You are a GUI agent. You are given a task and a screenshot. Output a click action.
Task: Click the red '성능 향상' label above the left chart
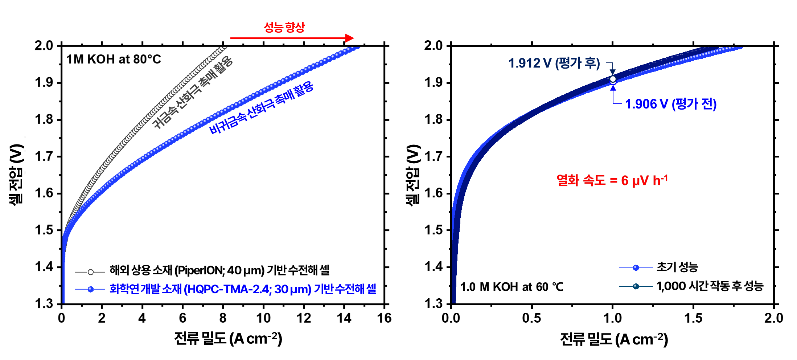[x=284, y=27]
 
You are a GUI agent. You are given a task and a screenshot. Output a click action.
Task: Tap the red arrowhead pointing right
[x=349, y=38]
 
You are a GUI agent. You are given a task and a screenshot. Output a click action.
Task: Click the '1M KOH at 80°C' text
[x=114, y=59]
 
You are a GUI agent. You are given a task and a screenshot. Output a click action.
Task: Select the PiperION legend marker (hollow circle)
[x=91, y=272]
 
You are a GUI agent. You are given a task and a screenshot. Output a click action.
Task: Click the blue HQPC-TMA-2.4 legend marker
[x=91, y=289]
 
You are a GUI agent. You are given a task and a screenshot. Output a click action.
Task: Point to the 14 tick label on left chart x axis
[x=344, y=318]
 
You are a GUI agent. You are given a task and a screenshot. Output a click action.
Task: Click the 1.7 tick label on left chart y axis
[x=44, y=157]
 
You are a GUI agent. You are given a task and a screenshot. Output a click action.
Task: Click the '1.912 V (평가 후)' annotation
[x=554, y=63]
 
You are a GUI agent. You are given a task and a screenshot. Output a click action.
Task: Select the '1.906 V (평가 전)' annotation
[x=670, y=104]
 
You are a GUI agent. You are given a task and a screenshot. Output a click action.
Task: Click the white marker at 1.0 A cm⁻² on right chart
[x=613, y=79]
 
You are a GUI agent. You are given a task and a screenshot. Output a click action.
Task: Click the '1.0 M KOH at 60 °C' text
[x=512, y=287]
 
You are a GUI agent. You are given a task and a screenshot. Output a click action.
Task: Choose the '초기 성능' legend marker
[x=636, y=268]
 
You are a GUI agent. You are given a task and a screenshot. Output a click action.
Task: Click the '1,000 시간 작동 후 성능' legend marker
[x=636, y=286]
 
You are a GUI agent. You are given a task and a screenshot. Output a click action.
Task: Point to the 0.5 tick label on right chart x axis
[x=531, y=318]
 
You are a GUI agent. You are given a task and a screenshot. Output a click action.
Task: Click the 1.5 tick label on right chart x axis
[x=693, y=318]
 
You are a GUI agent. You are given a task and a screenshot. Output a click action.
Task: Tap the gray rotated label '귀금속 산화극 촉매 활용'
[x=193, y=93]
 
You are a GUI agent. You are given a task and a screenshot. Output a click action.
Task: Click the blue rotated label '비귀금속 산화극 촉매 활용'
[x=261, y=108]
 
